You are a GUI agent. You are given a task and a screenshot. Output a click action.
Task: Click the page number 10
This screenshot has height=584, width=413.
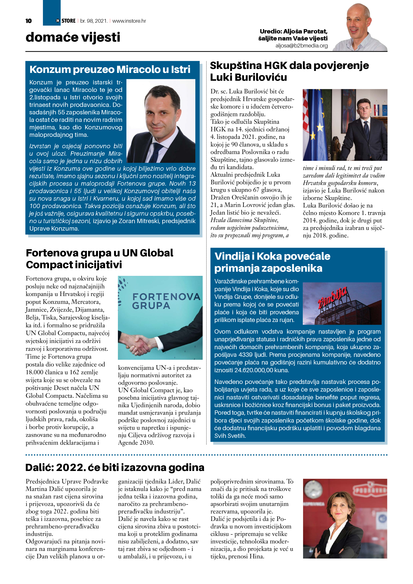[x=28, y=21]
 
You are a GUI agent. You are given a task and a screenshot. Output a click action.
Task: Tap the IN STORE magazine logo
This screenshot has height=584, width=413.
[x=66, y=21]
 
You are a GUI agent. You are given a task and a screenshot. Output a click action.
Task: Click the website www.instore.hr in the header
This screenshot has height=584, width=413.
[x=129, y=21]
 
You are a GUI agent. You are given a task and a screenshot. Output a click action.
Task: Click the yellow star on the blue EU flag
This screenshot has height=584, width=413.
[x=320, y=127]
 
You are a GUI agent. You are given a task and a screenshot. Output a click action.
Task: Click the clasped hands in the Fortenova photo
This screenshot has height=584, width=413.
[x=139, y=344]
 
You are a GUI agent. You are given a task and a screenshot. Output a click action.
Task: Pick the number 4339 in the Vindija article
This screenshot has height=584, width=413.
[x=247, y=355]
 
